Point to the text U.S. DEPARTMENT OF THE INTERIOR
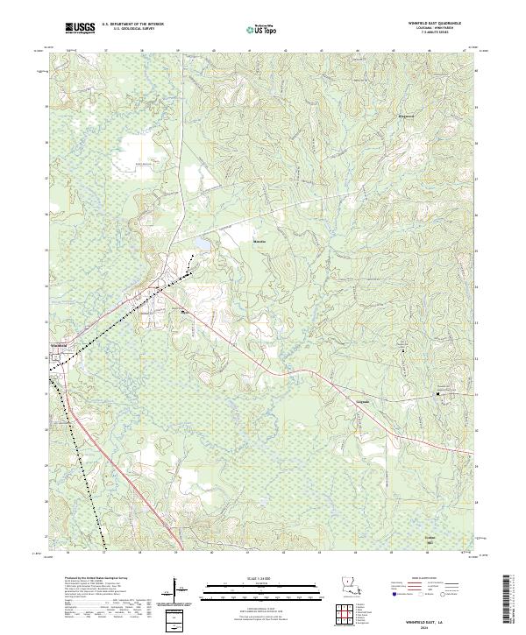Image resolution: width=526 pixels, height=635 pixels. (x=132, y=24)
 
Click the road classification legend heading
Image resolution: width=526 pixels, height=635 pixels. (x=423, y=579)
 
